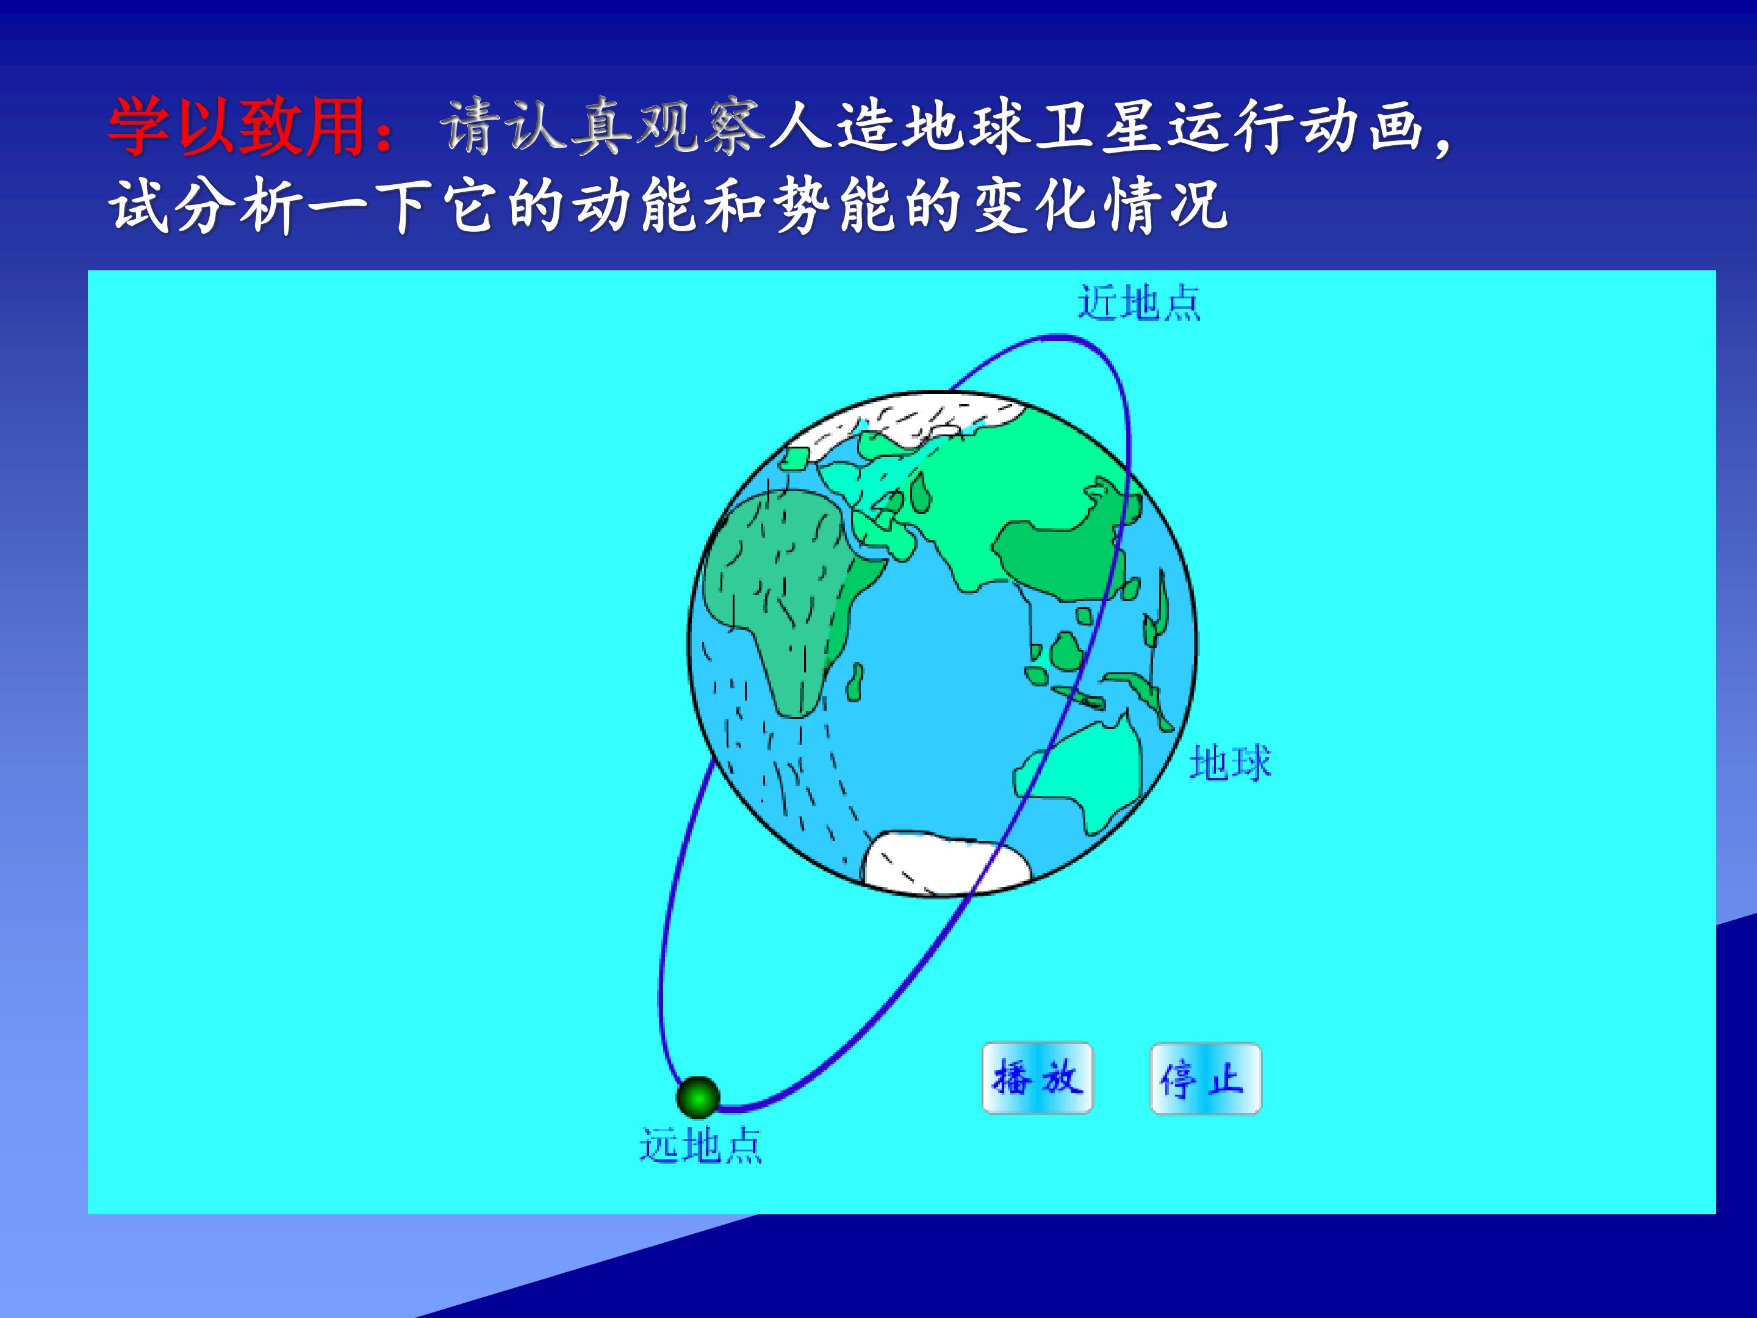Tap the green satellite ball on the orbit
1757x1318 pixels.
tap(698, 1098)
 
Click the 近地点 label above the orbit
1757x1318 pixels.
tap(1138, 303)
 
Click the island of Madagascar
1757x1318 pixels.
tap(855, 683)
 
